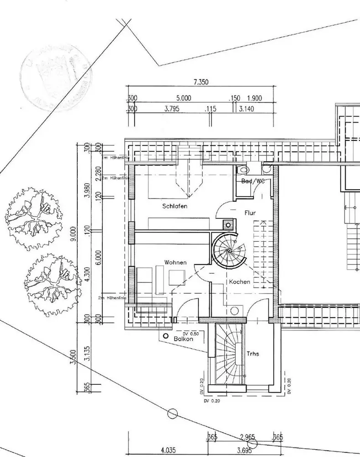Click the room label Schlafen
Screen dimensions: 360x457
(x=175, y=206)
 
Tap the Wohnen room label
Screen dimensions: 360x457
(x=176, y=262)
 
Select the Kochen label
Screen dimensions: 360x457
(x=240, y=282)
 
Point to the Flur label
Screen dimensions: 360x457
(x=250, y=213)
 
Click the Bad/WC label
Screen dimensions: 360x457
(x=253, y=181)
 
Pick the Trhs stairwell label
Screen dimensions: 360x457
(x=253, y=354)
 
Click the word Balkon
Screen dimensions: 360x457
(x=183, y=339)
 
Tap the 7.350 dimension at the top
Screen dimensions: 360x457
(x=201, y=82)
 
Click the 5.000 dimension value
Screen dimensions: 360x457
(x=183, y=98)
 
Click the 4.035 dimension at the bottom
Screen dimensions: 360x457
(x=168, y=450)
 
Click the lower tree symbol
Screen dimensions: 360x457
(x=50, y=284)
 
